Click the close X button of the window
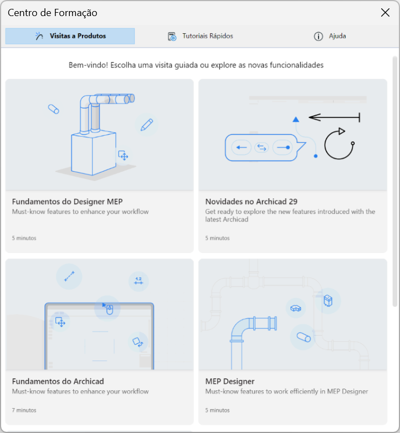click(x=385, y=12)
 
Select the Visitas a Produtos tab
click(x=70, y=36)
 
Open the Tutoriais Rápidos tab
click(x=200, y=36)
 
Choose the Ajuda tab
click(x=330, y=36)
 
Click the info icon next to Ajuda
click(x=318, y=37)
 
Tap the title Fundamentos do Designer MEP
click(x=67, y=202)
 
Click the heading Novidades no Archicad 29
click(x=251, y=202)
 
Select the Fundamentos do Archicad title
click(x=58, y=382)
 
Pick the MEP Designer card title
click(x=230, y=382)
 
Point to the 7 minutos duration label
click(x=24, y=410)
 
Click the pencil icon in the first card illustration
click(x=147, y=125)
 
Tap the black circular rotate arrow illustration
click(x=339, y=143)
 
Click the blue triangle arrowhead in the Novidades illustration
click(x=296, y=119)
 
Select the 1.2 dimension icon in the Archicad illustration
click(x=139, y=281)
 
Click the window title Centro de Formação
click(x=53, y=13)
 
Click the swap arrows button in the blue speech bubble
click(x=261, y=147)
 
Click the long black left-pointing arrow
click(x=334, y=117)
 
